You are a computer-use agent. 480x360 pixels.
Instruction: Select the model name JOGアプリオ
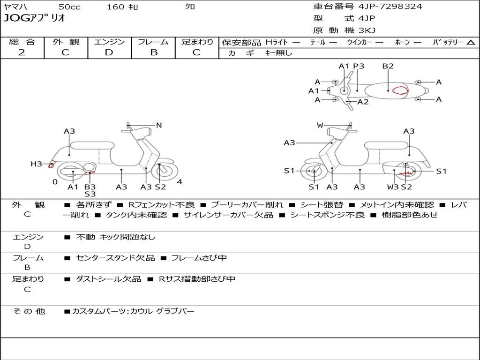(34, 18)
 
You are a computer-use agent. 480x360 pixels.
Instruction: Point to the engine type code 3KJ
(367, 30)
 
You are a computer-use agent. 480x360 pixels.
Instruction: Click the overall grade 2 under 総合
(22, 52)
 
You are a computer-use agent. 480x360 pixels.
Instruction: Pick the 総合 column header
(22, 42)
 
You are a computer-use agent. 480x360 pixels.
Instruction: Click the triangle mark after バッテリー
(471, 42)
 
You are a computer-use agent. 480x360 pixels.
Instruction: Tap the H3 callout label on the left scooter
(36, 164)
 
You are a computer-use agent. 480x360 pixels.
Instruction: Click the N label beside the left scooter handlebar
(159, 125)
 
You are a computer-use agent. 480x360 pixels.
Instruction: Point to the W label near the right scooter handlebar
(320, 125)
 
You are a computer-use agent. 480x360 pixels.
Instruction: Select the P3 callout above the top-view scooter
(359, 66)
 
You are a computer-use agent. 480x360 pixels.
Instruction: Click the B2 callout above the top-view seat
(388, 66)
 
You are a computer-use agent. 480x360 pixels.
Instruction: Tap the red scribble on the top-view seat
(400, 90)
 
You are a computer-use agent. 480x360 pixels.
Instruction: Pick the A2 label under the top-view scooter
(363, 102)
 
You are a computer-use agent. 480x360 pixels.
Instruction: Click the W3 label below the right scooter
(393, 187)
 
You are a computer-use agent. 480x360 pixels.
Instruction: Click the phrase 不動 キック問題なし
(115, 237)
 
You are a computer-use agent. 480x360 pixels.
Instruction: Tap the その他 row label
(29, 311)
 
